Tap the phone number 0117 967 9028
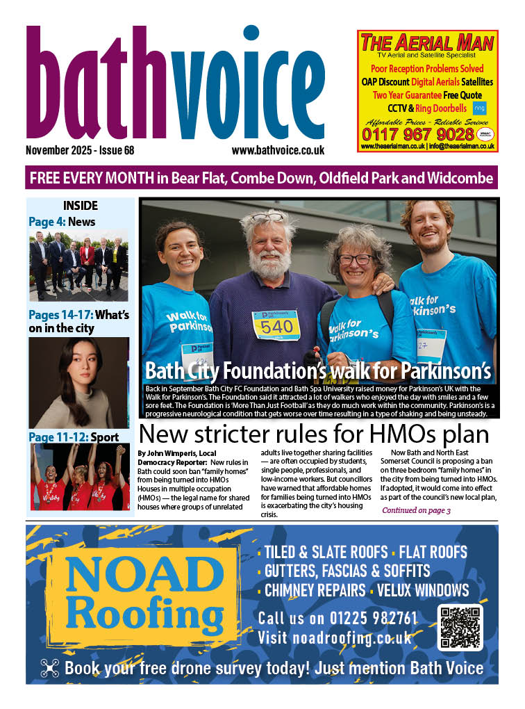426,133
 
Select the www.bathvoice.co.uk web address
278,150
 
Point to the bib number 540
276,327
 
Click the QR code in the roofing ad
460,627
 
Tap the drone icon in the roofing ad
50,668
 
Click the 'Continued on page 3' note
416,511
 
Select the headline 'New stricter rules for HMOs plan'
315,434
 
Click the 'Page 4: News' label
62,222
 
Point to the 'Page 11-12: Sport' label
74,437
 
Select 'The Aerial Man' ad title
426,43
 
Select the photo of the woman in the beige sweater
78,382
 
